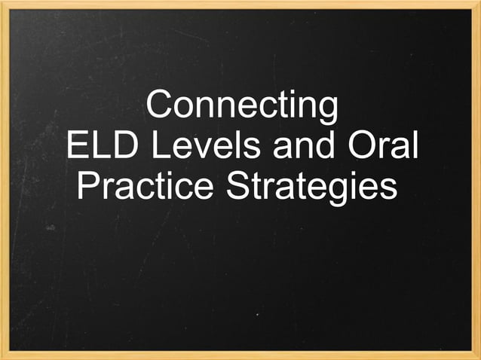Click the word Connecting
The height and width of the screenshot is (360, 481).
point(241,106)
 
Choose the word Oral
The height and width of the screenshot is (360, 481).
point(383,145)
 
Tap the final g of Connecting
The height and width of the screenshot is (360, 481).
point(326,110)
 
